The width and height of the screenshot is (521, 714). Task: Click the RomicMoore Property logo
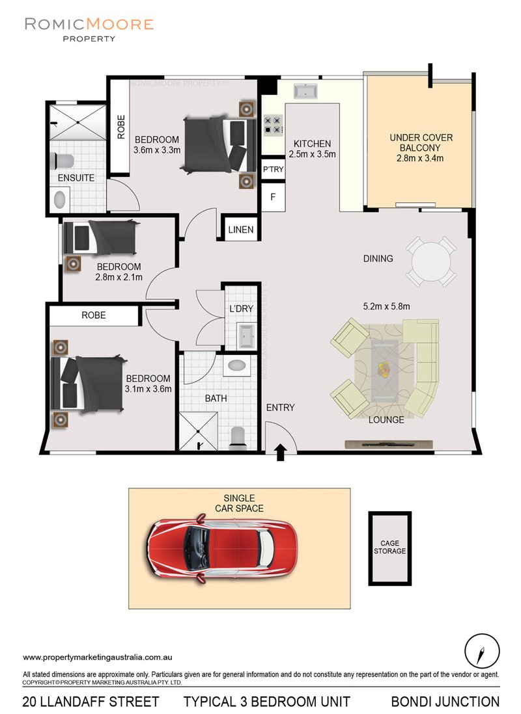89,29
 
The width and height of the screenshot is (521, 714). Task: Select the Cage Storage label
390,547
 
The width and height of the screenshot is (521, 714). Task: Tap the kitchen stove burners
272,125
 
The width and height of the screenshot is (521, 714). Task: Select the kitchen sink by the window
304,91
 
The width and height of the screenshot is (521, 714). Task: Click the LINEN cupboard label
241,230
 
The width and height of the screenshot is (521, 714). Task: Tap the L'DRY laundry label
240,309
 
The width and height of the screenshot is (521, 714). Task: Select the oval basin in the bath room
235,366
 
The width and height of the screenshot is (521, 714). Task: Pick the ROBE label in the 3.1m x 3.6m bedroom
93,315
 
